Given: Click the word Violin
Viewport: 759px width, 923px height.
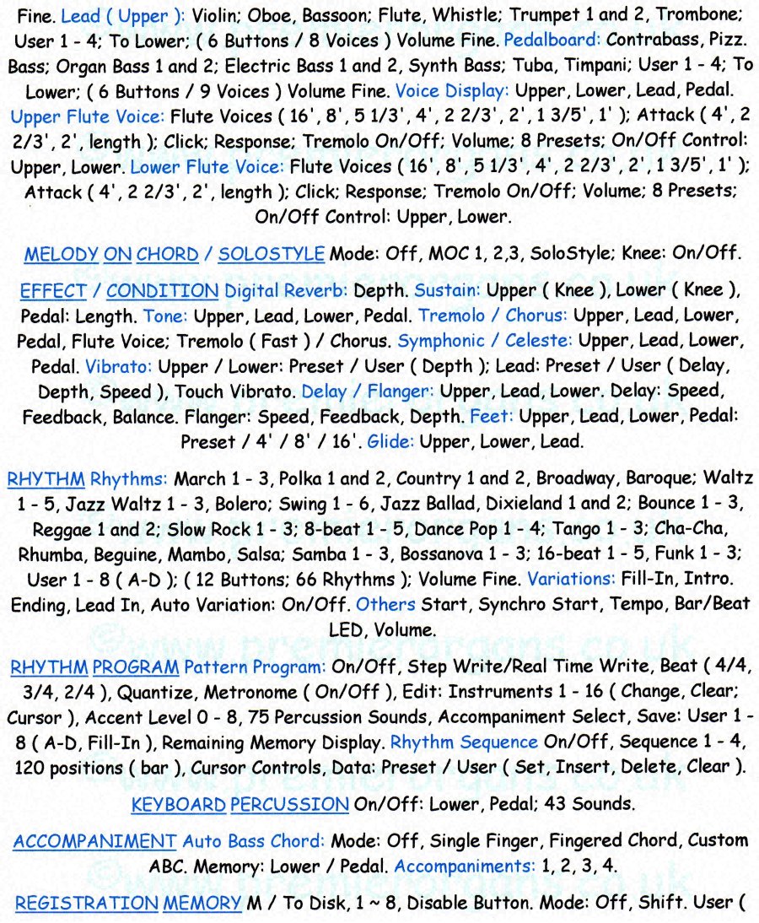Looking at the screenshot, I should tap(215, 14).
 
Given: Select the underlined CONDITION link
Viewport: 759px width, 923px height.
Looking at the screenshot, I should tap(162, 291).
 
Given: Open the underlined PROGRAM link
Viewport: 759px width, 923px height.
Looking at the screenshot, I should tap(136, 667).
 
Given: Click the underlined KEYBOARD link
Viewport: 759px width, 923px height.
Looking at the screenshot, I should tap(178, 805).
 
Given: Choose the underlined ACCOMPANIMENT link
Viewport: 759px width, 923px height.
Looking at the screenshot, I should tap(94, 841).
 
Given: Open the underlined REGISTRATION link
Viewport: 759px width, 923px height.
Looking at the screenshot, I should tap(86, 904).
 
